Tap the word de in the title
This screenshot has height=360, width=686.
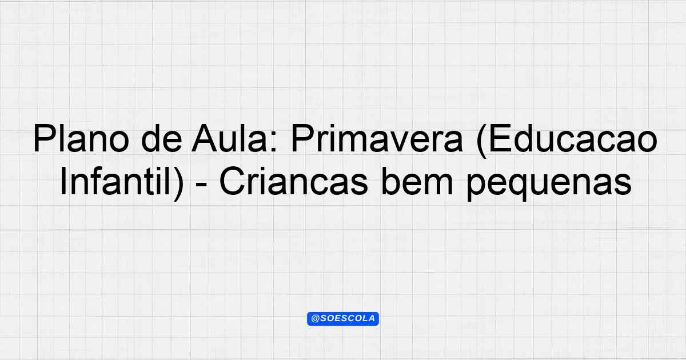pos(162,139)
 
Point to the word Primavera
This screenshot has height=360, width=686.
pos(377,139)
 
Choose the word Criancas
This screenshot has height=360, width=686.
pos(293,182)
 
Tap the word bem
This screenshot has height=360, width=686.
pos(417,182)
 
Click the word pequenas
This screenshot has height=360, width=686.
pos(549,184)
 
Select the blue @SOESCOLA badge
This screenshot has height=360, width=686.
pos(343,319)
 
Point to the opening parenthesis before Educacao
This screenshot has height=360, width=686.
pos(481,141)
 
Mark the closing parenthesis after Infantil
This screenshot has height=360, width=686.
pos(179,184)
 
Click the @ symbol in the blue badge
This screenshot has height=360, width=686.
pos(315,319)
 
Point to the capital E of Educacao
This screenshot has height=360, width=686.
pos(500,139)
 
